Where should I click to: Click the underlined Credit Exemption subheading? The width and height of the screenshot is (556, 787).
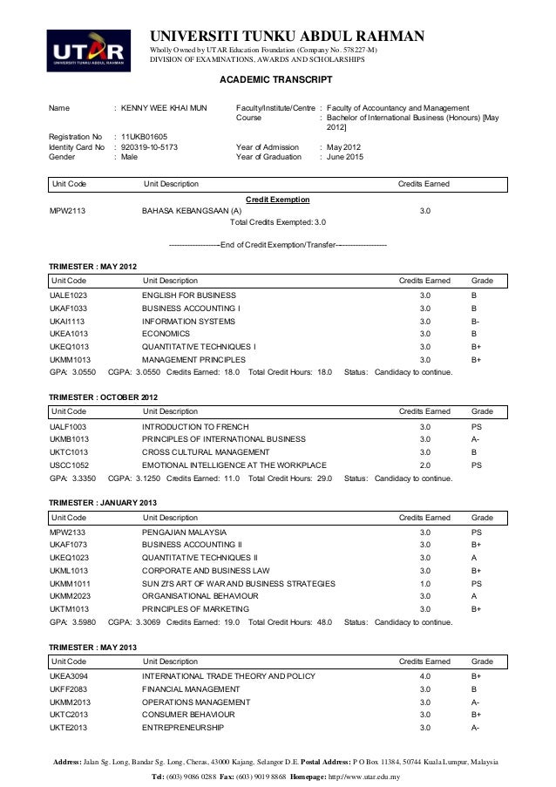click(x=278, y=200)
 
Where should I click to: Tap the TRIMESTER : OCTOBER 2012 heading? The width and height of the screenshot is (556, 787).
click(x=103, y=397)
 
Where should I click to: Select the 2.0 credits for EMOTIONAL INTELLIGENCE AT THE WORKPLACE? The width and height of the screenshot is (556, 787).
click(x=425, y=465)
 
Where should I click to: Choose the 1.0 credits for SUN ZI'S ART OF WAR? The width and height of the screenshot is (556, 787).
click(x=425, y=583)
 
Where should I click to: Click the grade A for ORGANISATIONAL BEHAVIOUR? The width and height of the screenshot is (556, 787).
click(x=474, y=596)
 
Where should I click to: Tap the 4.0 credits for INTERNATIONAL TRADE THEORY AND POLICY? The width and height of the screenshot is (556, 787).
click(x=425, y=676)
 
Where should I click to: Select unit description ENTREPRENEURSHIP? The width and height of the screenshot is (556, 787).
click(x=182, y=727)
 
